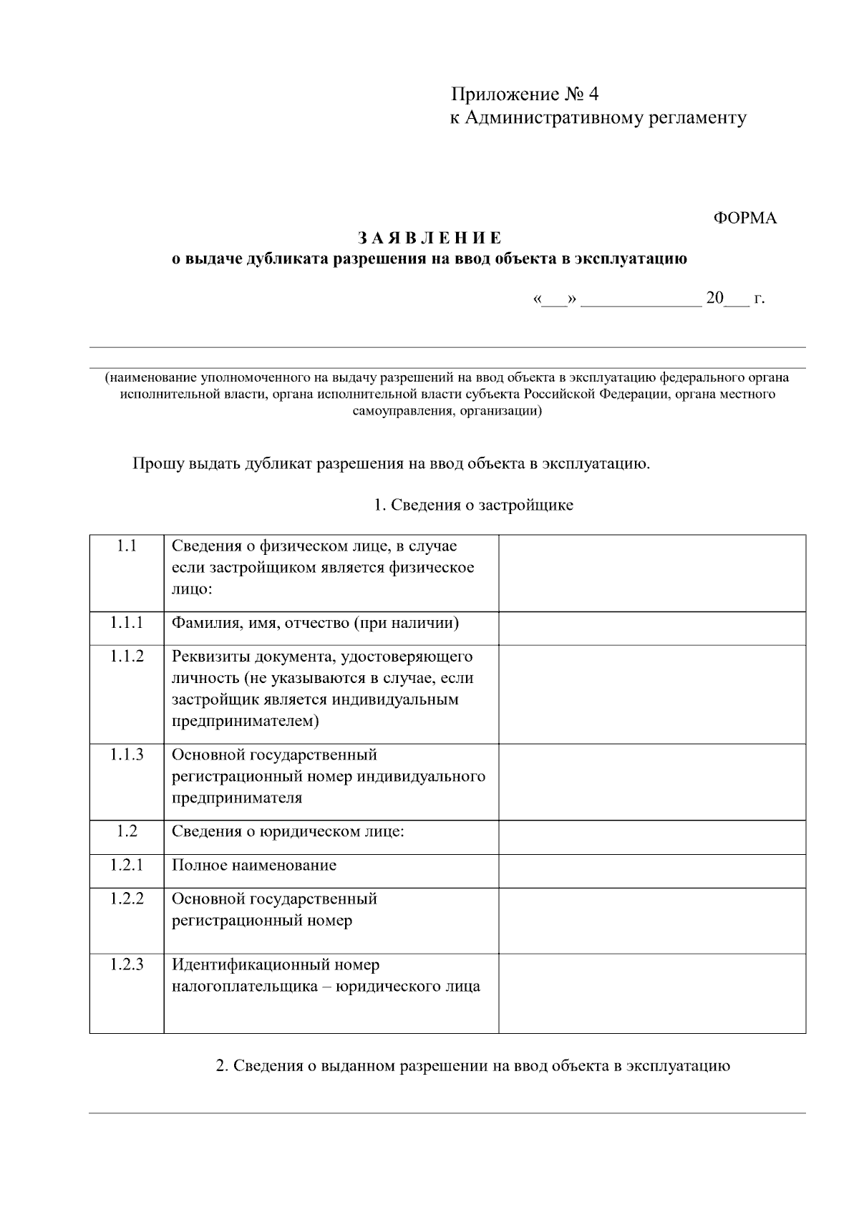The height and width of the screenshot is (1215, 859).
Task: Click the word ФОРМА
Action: [x=744, y=218]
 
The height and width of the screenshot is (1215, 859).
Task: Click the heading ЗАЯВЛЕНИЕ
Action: [x=429, y=238]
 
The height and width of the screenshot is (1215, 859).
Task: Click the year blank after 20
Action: [x=737, y=299]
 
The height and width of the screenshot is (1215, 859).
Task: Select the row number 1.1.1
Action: [x=127, y=623]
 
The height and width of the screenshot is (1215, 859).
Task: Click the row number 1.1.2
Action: [x=127, y=657]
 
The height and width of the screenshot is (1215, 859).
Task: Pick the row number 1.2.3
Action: [x=127, y=965]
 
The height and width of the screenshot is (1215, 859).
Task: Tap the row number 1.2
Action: [x=127, y=831]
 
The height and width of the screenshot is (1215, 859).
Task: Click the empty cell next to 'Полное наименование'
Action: [x=651, y=871]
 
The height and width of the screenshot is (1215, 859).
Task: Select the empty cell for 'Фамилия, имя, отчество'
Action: [x=651, y=628]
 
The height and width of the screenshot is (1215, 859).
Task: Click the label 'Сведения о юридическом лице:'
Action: [x=288, y=832]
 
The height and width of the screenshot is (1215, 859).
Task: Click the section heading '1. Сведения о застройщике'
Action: [x=473, y=505]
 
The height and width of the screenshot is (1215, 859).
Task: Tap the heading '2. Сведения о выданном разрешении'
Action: [x=473, y=1066]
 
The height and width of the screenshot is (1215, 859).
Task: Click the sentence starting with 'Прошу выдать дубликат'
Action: [x=391, y=464]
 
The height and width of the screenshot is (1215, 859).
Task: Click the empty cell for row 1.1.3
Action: [x=651, y=782]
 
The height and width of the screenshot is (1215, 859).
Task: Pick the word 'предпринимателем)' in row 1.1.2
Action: [x=245, y=721]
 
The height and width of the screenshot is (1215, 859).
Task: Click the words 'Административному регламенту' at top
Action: [x=606, y=118]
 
